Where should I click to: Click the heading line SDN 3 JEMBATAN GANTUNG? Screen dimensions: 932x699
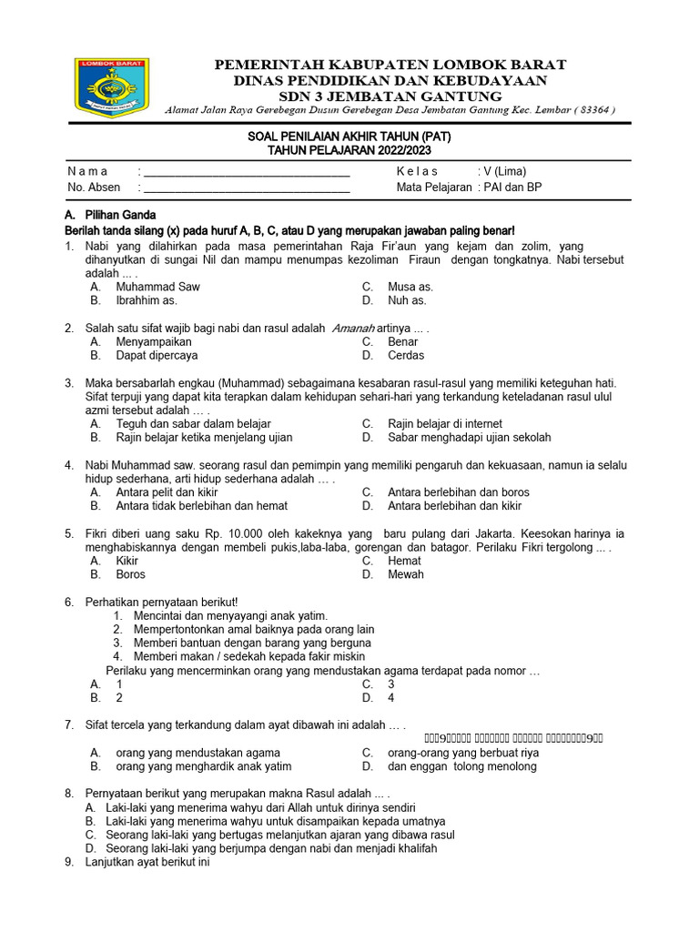[x=390, y=96]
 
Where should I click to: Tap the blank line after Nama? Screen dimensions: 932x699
[x=247, y=172]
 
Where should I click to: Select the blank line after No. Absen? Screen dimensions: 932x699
[x=247, y=188]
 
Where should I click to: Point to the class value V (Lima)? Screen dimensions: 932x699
[x=501, y=171]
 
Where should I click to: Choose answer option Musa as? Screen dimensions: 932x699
[x=410, y=287]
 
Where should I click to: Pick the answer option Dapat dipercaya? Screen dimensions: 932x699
[x=157, y=356]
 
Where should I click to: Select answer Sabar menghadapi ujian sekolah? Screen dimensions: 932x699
[x=469, y=438]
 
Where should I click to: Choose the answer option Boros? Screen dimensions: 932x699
[x=130, y=575]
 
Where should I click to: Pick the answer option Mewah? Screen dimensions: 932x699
[x=406, y=575]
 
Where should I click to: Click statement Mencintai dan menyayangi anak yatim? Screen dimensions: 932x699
[x=230, y=616]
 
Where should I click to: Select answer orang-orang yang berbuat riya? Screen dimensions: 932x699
[x=463, y=753]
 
